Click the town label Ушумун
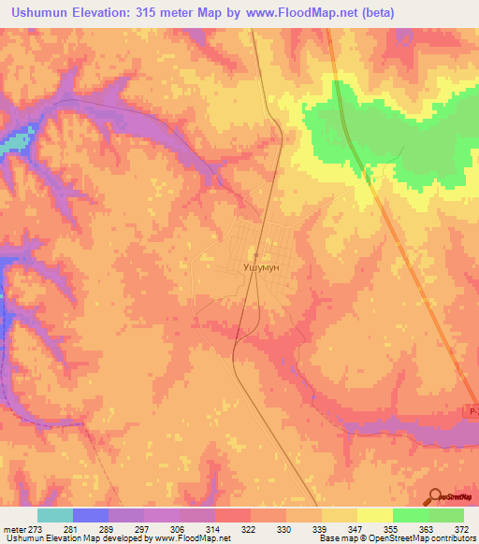tap(262, 266)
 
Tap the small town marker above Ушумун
tap(254, 254)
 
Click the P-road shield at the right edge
tap(472, 411)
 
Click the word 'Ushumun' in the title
tap(43, 13)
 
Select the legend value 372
tap(460, 528)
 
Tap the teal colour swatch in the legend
tap(55, 515)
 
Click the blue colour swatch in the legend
tap(91, 515)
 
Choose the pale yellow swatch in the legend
tap(374, 515)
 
